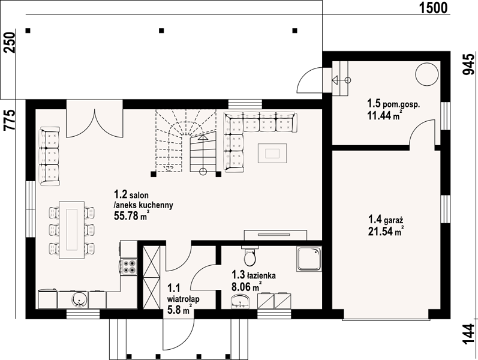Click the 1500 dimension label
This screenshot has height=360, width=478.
(433, 8)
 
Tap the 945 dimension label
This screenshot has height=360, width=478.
(469, 64)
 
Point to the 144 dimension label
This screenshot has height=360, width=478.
(469, 334)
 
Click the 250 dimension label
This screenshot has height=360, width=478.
(9, 43)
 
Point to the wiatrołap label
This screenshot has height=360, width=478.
(183, 299)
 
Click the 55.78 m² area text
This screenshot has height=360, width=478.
(131, 215)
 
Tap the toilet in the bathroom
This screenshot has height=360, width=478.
(249, 256)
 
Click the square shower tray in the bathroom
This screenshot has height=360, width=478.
(309, 259)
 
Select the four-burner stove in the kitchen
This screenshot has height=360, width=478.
(129, 266)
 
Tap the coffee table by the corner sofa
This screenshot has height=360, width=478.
(272, 153)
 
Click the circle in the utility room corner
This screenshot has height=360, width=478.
(427, 74)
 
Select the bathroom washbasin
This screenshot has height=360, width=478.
(240, 301)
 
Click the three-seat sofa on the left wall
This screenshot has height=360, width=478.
(50, 157)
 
